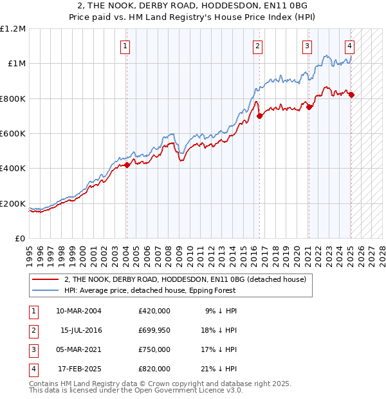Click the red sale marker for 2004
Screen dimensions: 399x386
pyautogui.click(x=127, y=165)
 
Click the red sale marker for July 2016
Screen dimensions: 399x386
pyautogui.click(x=259, y=116)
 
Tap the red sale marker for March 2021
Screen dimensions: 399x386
pyautogui.click(x=309, y=107)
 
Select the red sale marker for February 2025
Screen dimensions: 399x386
pyautogui.click(x=351, y=95)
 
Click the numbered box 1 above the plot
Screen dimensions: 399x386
pyautogui.click(x=124, y=46)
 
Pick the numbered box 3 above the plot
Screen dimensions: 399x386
pyautogui.click(x=307, y=46)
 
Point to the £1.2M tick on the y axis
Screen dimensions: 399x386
pyautogui.click(x=13, y=29)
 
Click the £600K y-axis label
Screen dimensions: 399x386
pyautogui.click(x=13, y=134)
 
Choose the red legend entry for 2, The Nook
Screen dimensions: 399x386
pyautogui.click(x=188, y=279)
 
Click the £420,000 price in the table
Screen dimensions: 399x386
pyautogui.click(x=154, y=311)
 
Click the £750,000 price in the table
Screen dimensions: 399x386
pyautogui.click(x=154, y=349)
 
